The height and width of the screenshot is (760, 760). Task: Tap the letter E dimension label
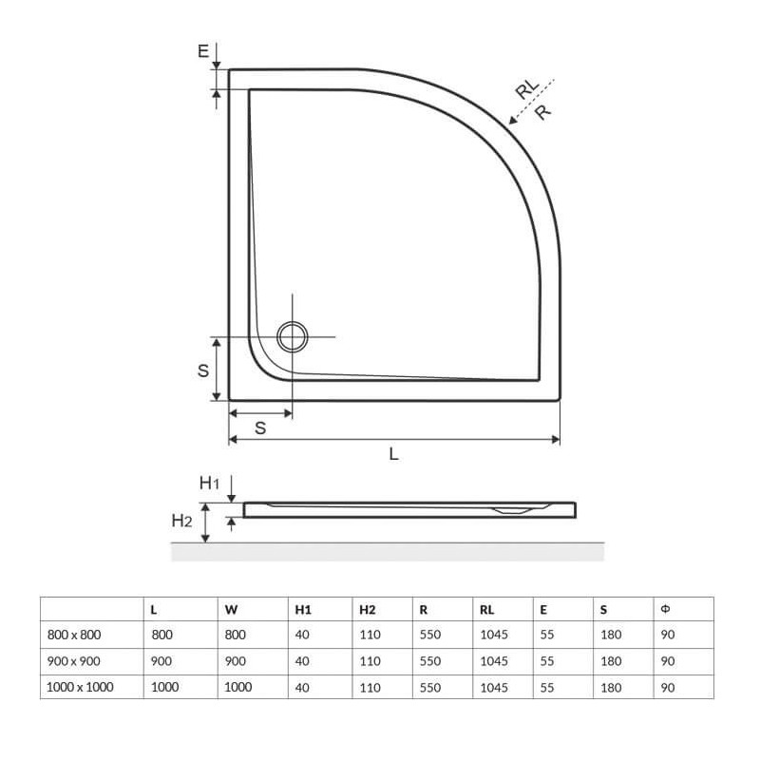[x=203, y=51]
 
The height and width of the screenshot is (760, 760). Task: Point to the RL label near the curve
[x=527, y=89]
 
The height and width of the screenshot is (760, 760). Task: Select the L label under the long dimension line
[x=394, y=454]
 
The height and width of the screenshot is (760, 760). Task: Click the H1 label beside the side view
[x=209, y=483]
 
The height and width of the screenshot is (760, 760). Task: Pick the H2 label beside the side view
[x=181, y=521]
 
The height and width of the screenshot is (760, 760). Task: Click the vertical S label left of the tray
[x=203, y=370]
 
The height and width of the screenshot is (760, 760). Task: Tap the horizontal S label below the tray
[x=260, y=428]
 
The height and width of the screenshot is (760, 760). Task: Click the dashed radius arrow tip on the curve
[x=509, y=123]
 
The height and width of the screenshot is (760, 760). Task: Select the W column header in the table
[x=231, y=610]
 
